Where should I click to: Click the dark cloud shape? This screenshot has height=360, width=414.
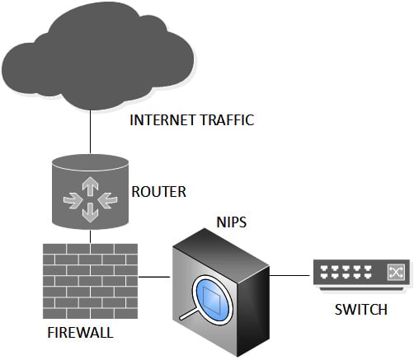click(x=97, y=55)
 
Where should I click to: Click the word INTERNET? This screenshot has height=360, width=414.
click(x=162, y=120)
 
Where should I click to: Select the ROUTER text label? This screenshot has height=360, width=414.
click(x=159, y=192)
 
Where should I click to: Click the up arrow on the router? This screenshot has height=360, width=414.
click(x=90, y=186)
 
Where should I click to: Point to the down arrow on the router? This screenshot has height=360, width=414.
click(x=90, y=213)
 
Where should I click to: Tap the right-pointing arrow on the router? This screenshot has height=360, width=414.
click(x=73, y=201)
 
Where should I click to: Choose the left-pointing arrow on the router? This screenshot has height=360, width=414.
click(x=107, y=201)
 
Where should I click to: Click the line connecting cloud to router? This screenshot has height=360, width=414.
click(x=90, y=132)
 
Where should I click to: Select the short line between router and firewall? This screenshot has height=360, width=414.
click(x=90, y=236)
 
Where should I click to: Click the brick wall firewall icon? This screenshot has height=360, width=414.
click(x=90, y=281)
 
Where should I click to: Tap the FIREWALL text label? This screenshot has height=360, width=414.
click(x=80, y=333)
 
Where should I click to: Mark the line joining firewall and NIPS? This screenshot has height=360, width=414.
click(x=154, y=277)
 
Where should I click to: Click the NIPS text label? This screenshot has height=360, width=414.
click(x=232, y=222)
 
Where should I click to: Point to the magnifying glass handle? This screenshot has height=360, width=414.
click(x=187, y=314)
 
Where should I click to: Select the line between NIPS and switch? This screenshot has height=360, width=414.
click(x=289, y=275)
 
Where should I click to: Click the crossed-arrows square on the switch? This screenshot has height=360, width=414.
click(x=396, y=273)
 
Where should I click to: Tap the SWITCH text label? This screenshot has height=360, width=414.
click(x=361, y=310)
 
